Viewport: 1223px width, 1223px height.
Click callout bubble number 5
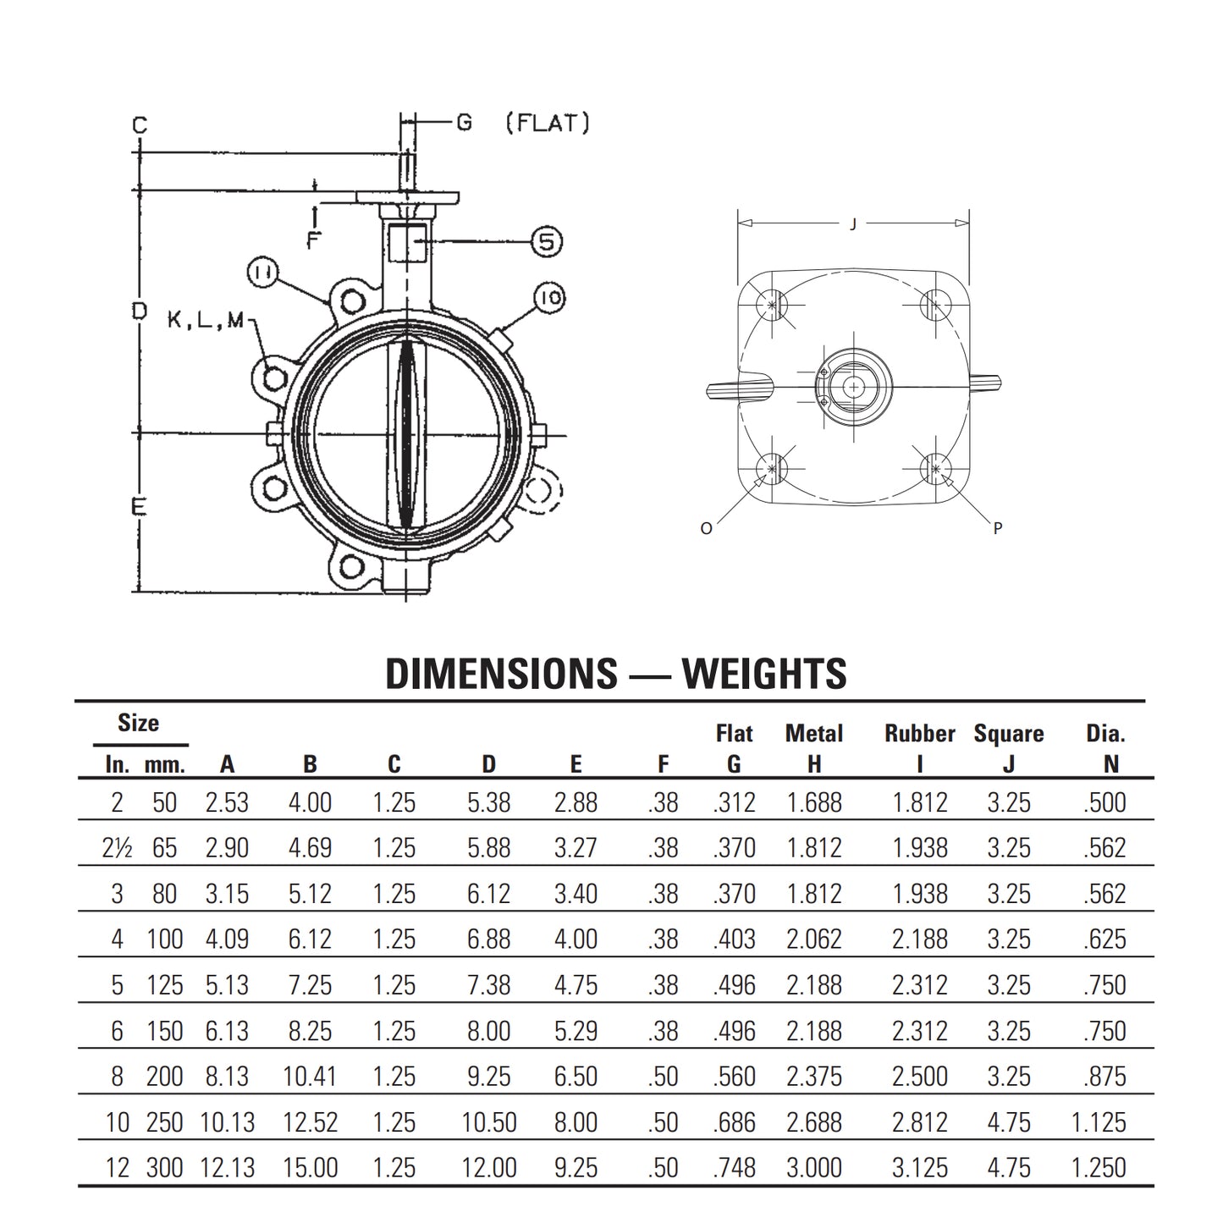tap(546, 242)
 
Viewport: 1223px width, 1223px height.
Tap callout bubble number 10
tap(549, 298)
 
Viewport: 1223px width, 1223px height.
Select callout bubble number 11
tap(263, 273)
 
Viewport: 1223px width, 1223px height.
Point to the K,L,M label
tap(206, 320)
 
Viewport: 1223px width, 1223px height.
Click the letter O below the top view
tap(707, 528)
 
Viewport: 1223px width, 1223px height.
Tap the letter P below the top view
tap(998, 528)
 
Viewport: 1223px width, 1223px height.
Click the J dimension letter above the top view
tap(853, 224)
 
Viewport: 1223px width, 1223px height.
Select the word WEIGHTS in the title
tap(764, 674)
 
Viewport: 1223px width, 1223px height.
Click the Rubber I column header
tap(920, 748)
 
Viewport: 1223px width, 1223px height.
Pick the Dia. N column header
tap(1105, 748)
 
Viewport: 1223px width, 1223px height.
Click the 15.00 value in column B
tap(310, 1168)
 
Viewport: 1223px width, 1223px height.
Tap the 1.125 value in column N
tap(1099, 1122)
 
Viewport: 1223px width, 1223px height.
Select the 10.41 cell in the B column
tap(310, 1077)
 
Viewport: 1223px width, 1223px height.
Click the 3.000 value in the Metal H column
tap(814, 1168)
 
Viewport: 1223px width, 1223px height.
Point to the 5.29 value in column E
tap(576, 1031)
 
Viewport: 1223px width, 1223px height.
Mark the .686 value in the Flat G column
tap(734, 1122)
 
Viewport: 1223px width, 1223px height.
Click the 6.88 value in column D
tap(488, 939)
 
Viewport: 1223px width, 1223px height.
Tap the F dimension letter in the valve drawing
tap(313, 240)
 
